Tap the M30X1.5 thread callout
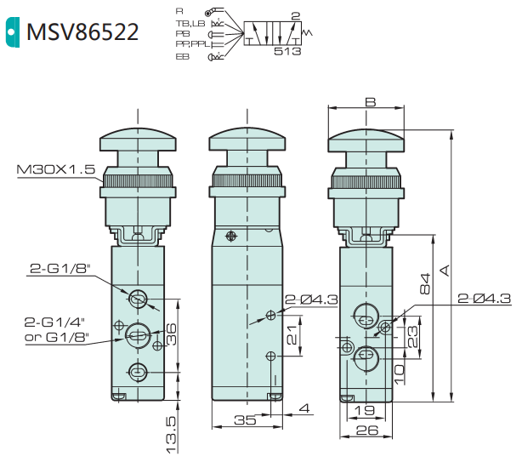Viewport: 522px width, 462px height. [55, 170]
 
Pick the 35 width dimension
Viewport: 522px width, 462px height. [245, 420]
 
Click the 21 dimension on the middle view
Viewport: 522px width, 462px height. [292, 338]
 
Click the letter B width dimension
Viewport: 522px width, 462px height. [369, 102]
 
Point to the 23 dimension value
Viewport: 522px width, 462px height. [414, 339]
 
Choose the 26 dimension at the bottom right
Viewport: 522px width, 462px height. [367, 431]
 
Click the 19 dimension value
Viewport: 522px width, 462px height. [363, 410]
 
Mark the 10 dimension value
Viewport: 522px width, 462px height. [399, 371]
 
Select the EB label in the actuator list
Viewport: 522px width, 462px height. [183, 56]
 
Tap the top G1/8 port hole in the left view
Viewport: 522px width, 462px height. [137, 299]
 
